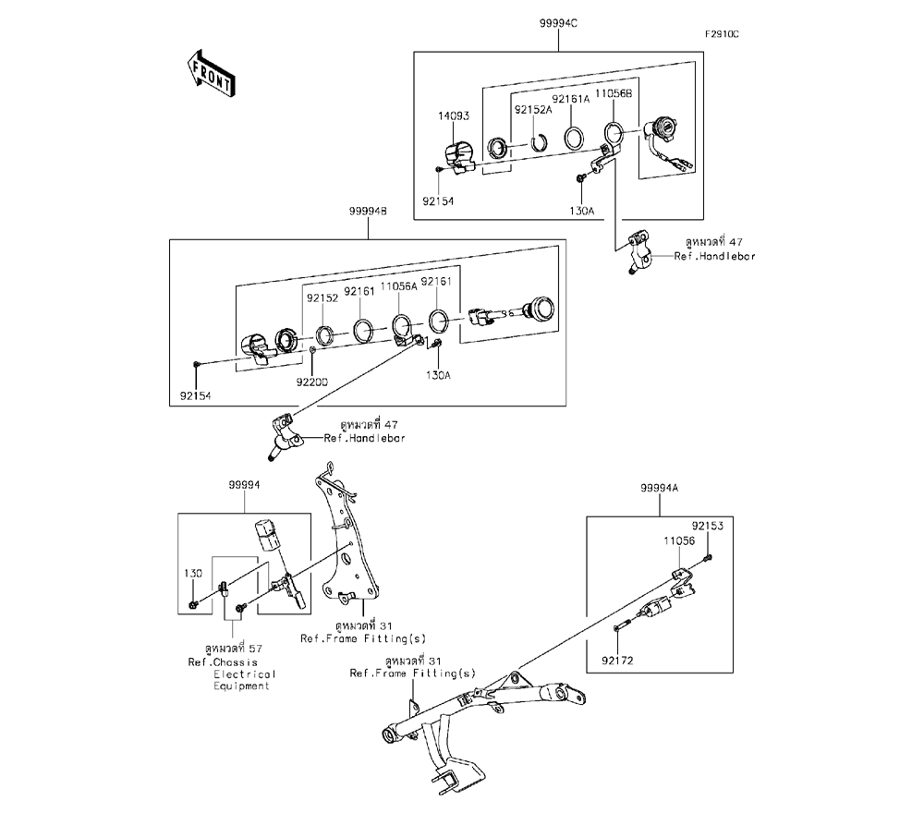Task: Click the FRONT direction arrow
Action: [x=211, y=74]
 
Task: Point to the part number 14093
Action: [x=453, y=116]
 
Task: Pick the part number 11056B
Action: [x=612, y=94]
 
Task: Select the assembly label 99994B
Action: [x=368, y=212]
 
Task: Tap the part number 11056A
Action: [x=400, y=287]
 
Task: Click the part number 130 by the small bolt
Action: [x=191, y=574]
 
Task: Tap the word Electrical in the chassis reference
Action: [x=245, y=674]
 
